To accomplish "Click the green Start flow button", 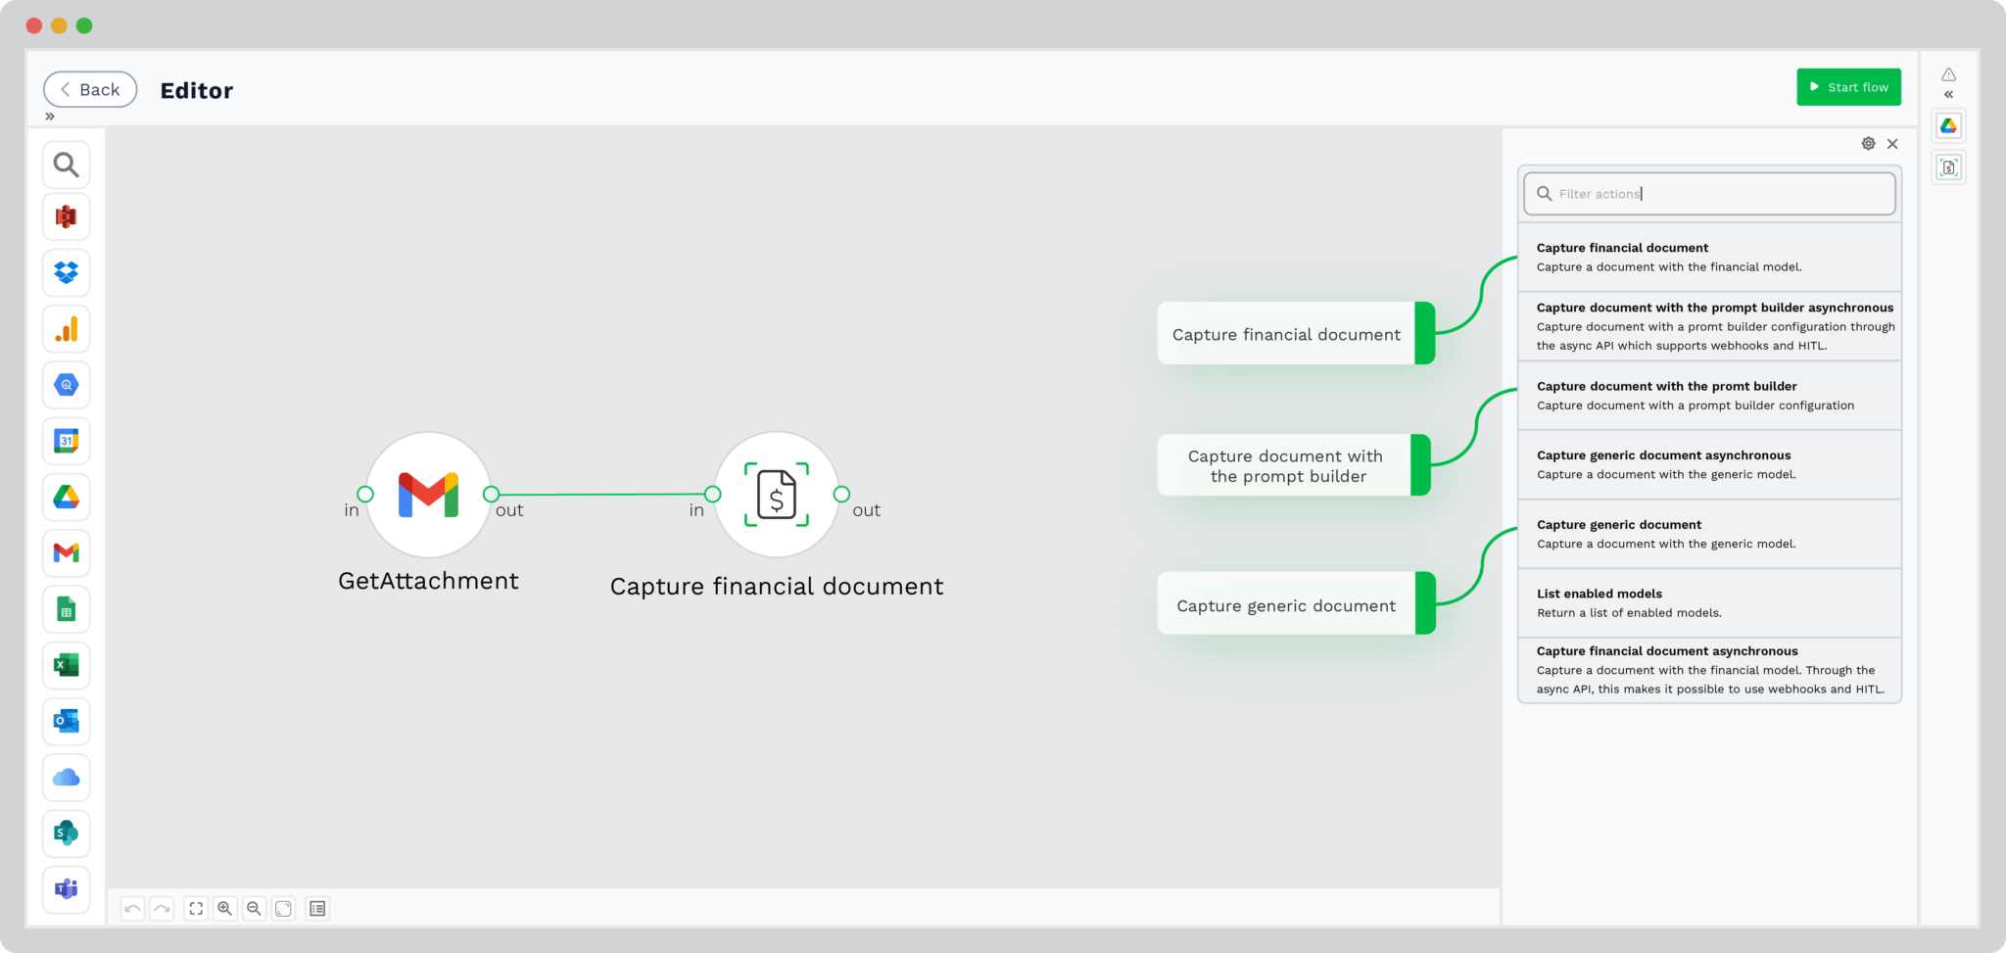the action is pyautogui.click(x=1848, y=87).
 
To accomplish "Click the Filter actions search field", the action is pyautogui.click(x=1709, y=194).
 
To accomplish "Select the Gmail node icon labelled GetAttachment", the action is pyautogui.click(x=428, y=495).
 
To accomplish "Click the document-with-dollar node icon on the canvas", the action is pyautogui.click(x=777, y=495).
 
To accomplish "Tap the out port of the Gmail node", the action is pyautogui.click(x=492, y=495).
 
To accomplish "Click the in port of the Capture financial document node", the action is pyautogui.click(x=713, y=495).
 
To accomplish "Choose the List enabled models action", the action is pyautogui.click(x=1709, y=603).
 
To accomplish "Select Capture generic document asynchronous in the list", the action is pyautogui.click(x=1709, y=465).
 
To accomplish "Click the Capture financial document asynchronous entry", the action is pyautogui.click(x=1709, y=670).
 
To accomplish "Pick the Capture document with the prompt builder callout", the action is pyautogui.click(x=1294, y=465).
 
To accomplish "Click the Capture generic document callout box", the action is pyautogui.click(x=1296, y=603).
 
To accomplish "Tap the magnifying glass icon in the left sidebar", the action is pyautogui.click(x=67, y=165).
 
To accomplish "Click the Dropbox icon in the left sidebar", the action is pyautogui.click(x=67, y=272).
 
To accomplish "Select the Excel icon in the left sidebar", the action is pyautogui.click(x=67, y=666).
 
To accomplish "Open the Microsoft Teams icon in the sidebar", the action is pyautogui.click(x=67, y=889).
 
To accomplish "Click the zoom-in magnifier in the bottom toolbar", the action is pyautogui.click(x=225, y=909).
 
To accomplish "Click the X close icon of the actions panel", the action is pyautogui.click(x=1892, y=144).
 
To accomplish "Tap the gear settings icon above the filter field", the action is pyautogui.click(x=1869, y=144).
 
